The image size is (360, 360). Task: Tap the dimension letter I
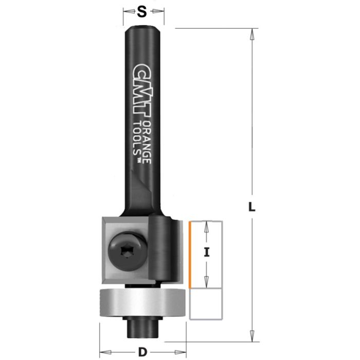pos(206,253)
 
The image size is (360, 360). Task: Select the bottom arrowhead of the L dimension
pos(252,330)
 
